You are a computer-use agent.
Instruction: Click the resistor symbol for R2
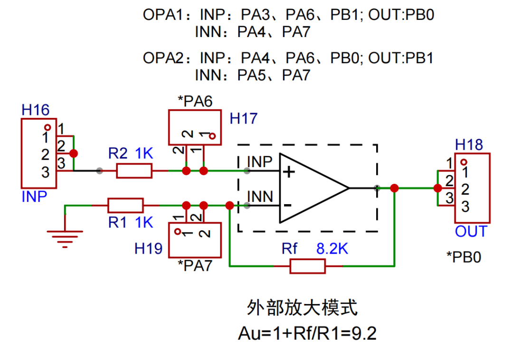pos(134,171)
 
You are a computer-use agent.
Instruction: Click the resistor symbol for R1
pos(125,206)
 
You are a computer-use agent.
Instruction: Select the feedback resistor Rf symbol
pos(307,266)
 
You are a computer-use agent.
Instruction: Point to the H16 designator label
pos(35,110)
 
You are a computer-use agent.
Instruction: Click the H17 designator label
pos(243,118)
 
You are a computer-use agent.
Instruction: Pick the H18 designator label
pos(469,145)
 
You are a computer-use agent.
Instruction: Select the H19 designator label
pos(149,248)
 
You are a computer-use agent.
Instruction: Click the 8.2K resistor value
pos(332,248)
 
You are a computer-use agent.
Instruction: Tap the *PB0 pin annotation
pos(464,257)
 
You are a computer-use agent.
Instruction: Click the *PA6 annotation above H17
pos(195,101)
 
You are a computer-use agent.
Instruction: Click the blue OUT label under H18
pos(471,232)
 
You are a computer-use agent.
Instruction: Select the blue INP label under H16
pos(34,197)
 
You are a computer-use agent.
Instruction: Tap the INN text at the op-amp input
pos(260,196)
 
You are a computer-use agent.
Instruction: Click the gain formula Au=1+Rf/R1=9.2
pos(307,333)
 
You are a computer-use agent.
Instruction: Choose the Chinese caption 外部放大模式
pos(302,309)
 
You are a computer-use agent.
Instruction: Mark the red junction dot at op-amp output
pos(394,188)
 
